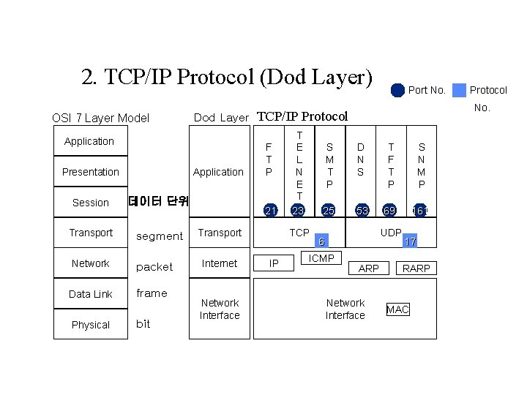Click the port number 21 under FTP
tap(271, 211)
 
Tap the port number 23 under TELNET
tap(298, 211)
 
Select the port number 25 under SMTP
tap(329, 211)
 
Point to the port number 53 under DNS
tap(360, 211)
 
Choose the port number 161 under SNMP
tap(421, 211)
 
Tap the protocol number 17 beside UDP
tap(410, 241)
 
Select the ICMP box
tap(321, 258)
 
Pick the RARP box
tap(416, 268)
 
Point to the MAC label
tap(397, 309)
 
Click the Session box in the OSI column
tap(91, 203)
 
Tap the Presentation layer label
tap(91, 172)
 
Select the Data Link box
tap(91, 294)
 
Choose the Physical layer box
tap(91, 325)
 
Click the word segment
tap(160, 236)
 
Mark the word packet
tap(154, 267)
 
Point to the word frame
tap(152, 293)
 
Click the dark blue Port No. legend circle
tap(397, 90)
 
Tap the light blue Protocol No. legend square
tap(459, 90)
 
